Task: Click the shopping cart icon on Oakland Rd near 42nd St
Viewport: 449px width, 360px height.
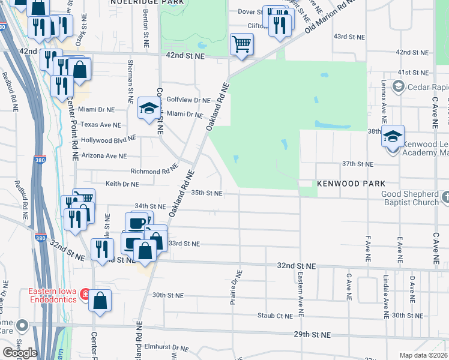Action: point(241,44)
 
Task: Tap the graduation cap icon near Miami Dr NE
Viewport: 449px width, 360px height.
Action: point(149,108)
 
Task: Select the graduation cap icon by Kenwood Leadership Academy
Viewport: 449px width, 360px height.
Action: point(393,136)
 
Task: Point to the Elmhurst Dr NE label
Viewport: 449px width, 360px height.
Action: point(171,347)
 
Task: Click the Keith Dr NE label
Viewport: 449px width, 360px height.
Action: point(122,184)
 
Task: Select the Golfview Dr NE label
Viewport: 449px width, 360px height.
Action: point(188,100)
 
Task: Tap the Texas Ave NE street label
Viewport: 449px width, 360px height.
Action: point(101,125)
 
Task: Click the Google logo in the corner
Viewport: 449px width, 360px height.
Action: point(20,353)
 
